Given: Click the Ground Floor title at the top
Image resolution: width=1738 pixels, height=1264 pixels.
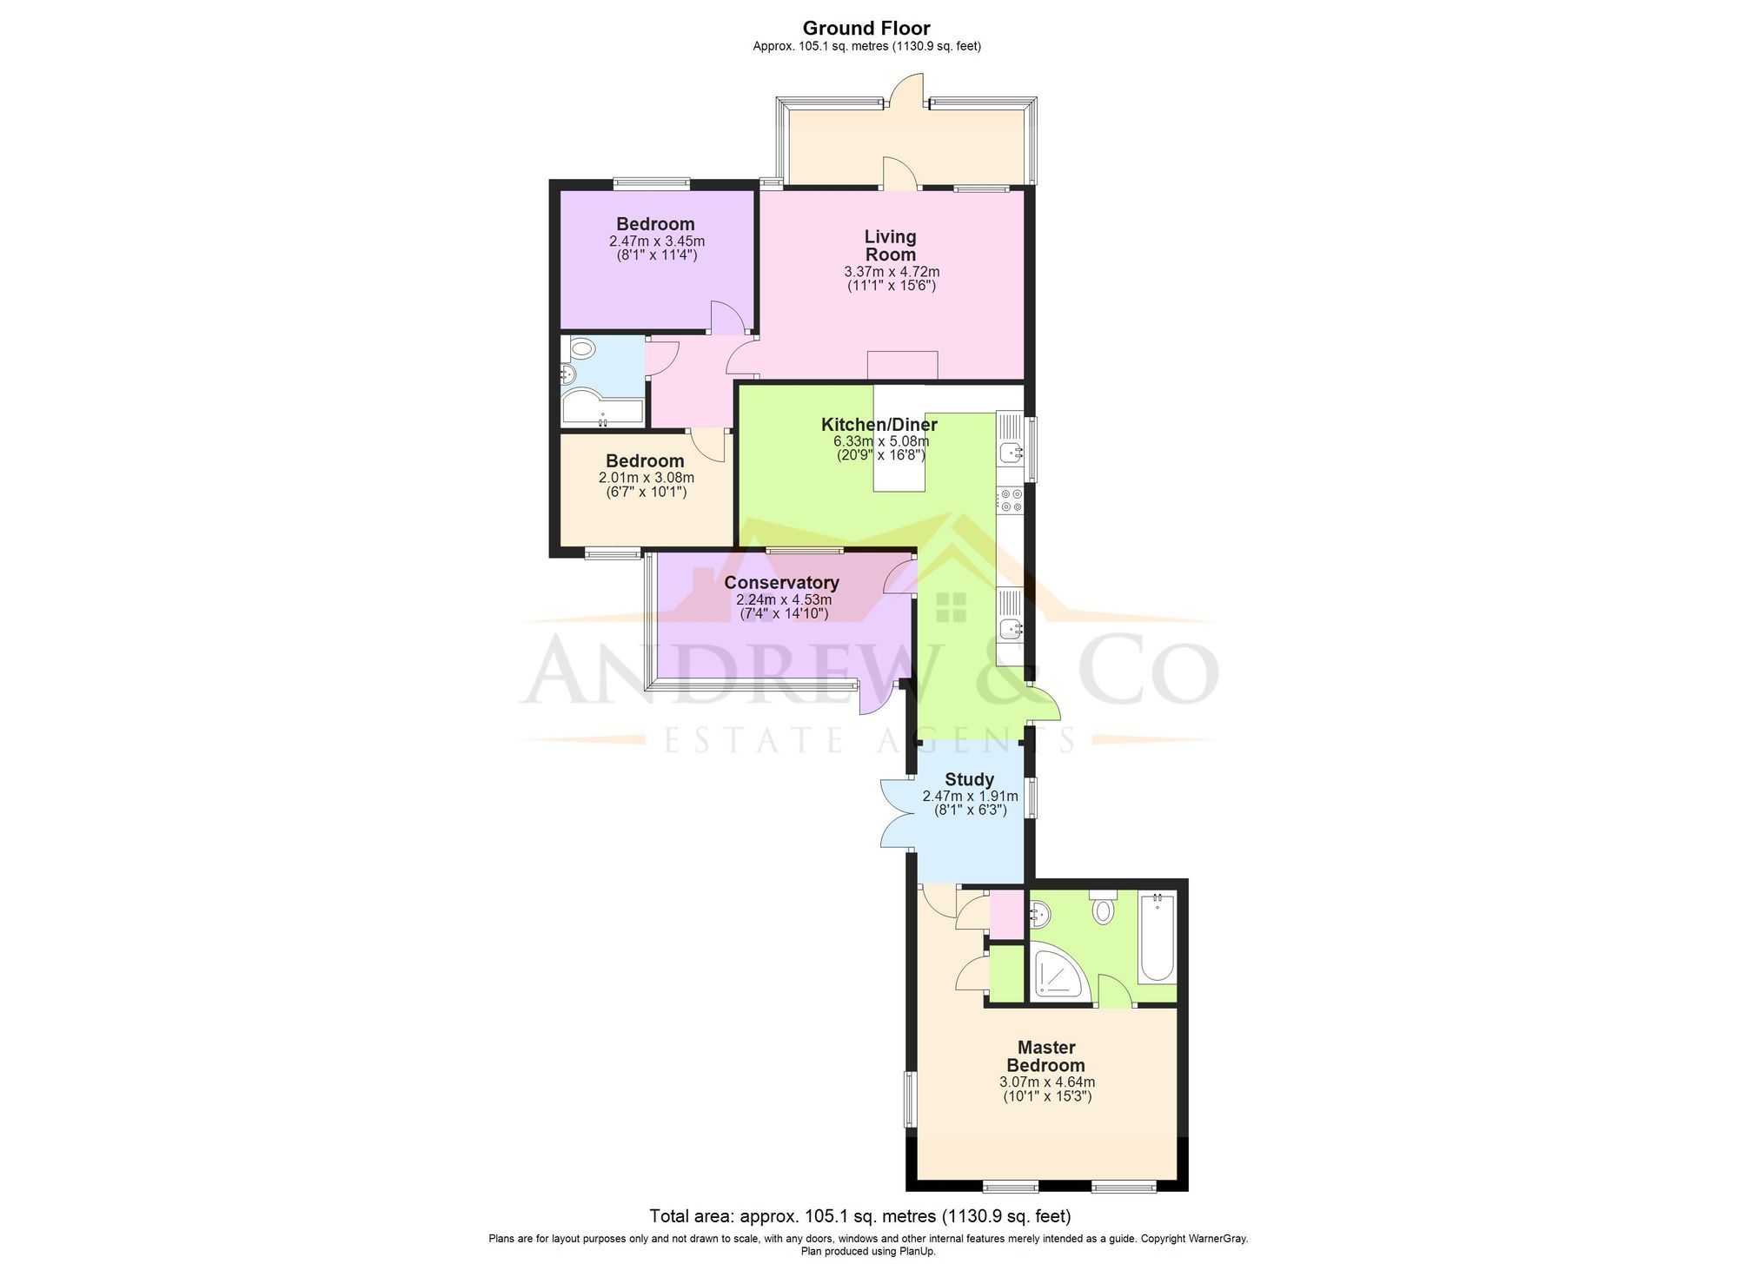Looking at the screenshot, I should pyautogui.click(x=866, y=28).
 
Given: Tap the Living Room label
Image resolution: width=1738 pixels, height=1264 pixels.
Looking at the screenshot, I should pyautogui.click(x=890, y=245).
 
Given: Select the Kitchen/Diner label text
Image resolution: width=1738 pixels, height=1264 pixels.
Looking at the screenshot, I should pyautogui.click(x=879, y=425).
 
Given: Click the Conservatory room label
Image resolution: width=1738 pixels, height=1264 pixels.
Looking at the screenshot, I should pyautogui.click(x=781, y=583).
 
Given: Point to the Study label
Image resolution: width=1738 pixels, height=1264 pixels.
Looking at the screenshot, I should pyautogui.click(x=969, y=779).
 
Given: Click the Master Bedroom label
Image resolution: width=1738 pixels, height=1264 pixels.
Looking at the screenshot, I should pyautogui.click(x=1045, y=1056).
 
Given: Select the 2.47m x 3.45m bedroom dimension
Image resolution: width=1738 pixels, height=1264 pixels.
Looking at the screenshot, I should pyautogui.click(x=656, y=241).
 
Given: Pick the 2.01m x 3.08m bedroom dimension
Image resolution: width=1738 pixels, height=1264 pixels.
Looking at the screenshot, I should pyautogui.click(x=646, y=478).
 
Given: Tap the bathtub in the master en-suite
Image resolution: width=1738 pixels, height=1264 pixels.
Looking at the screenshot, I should pyautogui.click(x=1157, y=938).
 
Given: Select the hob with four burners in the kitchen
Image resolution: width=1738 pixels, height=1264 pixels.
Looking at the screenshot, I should pyautogui.click(x=1011, y=500).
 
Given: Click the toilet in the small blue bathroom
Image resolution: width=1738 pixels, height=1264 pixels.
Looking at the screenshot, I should pyautogui.click(x=580, y=350).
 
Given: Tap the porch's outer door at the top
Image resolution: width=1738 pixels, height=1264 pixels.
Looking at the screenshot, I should pyautogui.click(x=909, y=91).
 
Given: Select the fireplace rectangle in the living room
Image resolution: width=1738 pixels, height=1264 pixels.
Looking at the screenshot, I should pyautogui.click(x=902, y=365).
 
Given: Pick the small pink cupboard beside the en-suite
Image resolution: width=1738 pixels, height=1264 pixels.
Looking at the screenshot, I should pyautogui.click(x=1006, y=914).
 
